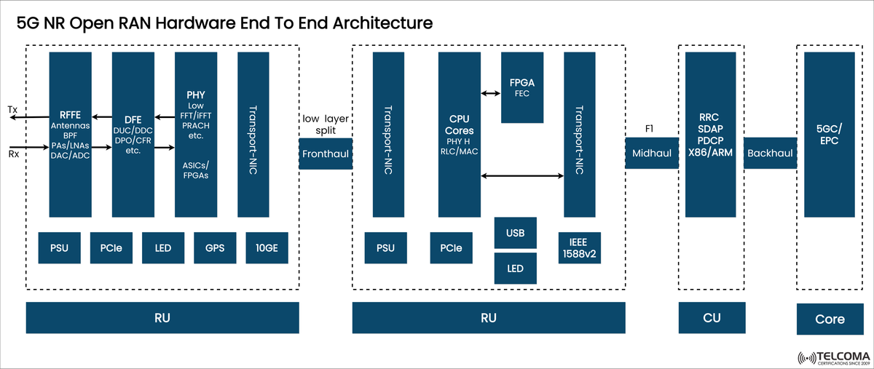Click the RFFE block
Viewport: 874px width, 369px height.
[x=70, y=135]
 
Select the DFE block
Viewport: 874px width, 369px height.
[x=133, y=135]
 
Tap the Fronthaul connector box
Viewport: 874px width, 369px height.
[x=326, y=154]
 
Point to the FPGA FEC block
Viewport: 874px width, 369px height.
[x=521, y=87]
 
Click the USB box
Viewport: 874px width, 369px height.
[x=515, y=232]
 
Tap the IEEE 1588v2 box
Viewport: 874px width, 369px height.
[x=580, y=247]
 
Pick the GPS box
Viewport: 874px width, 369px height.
[x=215, y=248]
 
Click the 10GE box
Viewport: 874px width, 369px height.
[x=267, y=248]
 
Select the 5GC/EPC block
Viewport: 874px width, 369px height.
[x=829, y=135]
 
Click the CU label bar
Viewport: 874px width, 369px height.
[x=712, y=318]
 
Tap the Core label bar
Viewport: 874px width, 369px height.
[x=830, y=319]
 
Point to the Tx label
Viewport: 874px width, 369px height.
[x=12, y=108]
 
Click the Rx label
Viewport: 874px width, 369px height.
[x=13, y=154]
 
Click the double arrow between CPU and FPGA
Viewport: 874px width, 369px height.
[x=490, y=93]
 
